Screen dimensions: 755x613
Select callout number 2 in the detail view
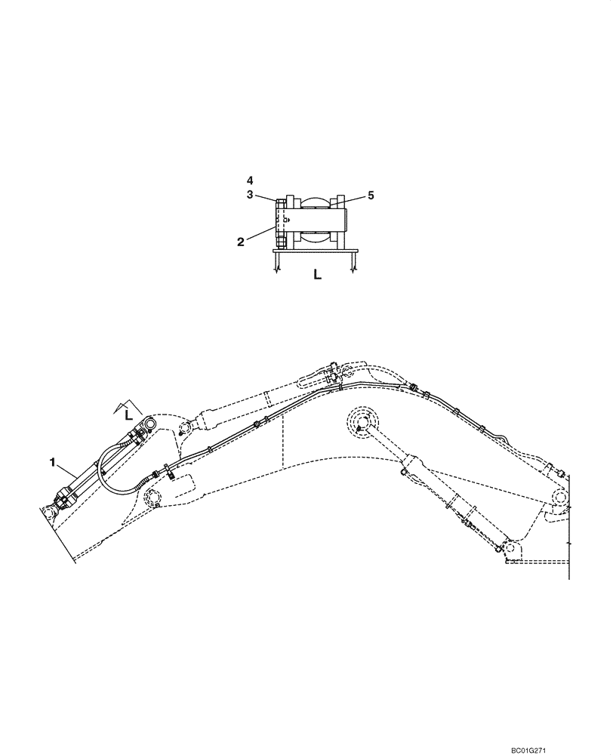tap(240, 242)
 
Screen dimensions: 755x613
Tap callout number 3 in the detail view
tap(250, 196)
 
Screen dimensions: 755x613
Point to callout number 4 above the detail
tap(250, 180)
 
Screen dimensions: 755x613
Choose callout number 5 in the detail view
tap(371, 196)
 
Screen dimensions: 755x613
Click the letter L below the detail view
tap(317, 276)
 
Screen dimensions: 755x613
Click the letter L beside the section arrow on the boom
tap(129, 414)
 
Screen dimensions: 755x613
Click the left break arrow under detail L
tap(278, 265)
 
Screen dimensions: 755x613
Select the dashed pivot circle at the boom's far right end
tap(559, 498)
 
